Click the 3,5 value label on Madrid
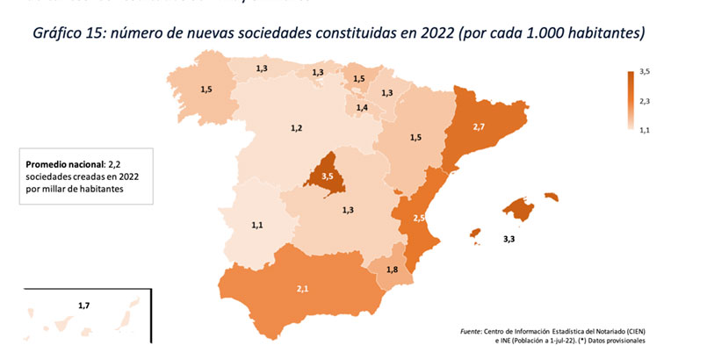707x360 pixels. click(x=328, y=176)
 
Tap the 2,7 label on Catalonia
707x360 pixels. click(x=479, y=127)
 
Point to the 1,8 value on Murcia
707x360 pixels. click(x=392, y=270)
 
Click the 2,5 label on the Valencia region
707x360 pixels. click(x=420, y=217)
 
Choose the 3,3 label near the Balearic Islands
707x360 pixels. click(x=509, y=238)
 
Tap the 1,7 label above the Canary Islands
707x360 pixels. click(x=83, y=306)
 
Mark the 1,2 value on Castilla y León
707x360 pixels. click(x=296, y=128)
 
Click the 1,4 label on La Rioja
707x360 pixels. click(x=361, y=108)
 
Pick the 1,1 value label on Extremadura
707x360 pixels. click(x=257, y=226)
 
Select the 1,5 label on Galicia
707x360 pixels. click(x=206, y=89)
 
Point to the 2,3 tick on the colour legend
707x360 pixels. click(x=644, y=102)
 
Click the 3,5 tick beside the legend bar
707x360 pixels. click(x=644, y=70)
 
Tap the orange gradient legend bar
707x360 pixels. click(x=630, y=100)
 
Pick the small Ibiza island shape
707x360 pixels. click(x=475, y=234)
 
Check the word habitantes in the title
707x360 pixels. click(x=601, y=33)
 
